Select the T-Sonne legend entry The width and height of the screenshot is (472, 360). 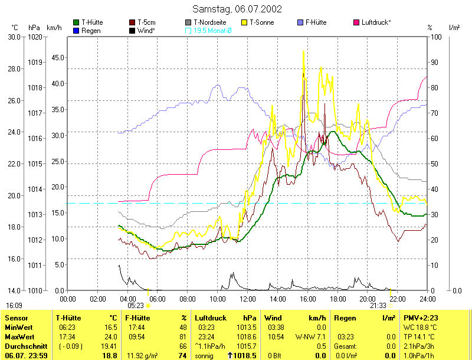[x=262, y=22]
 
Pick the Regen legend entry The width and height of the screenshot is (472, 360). [x=91, y=30]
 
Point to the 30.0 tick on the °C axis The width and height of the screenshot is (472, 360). [x=14, y=37]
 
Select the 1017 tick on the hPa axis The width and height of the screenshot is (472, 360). [x=35, y=113]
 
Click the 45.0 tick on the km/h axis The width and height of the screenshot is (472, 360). [x=57, y=57]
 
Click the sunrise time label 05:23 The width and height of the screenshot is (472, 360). [x=136, y=306]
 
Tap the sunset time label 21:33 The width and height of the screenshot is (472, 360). [x=378, y=306]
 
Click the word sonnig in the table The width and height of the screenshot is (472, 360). [x=204, y=356]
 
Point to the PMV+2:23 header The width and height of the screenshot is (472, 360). [x=420, y=318]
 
